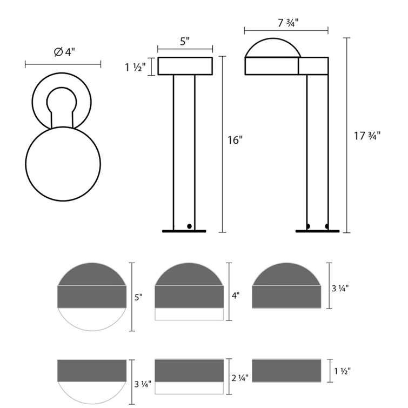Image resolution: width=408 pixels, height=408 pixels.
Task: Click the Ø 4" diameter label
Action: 64,52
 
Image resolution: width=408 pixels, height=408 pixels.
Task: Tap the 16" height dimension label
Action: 235,139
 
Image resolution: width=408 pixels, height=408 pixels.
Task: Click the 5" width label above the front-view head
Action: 184,41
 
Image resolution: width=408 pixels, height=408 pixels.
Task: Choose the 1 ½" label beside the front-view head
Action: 135,68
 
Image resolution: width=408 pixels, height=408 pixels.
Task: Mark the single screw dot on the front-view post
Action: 189,226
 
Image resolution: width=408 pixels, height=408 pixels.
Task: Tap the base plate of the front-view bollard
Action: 184,231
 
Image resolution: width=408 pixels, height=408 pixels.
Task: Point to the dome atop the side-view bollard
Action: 272,48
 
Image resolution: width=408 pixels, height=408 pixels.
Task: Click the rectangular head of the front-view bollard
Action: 185,66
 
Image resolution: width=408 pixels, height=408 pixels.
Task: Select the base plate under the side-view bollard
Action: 318,231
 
